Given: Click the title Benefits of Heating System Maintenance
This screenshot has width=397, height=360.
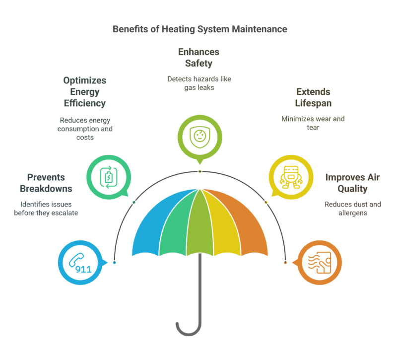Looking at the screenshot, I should click(199, 29).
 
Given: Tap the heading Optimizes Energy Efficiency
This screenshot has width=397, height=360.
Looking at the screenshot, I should click(84, 92).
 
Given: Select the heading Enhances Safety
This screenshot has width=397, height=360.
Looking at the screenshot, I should click(198, 58).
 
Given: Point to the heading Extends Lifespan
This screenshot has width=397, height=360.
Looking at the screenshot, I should click(313, 98).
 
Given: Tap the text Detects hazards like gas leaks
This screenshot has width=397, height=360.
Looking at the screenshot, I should click(198, 83).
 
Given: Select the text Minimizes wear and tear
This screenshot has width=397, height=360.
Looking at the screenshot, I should click(313, 123).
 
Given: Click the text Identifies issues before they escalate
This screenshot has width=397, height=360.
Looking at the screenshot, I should click(49, 208).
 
